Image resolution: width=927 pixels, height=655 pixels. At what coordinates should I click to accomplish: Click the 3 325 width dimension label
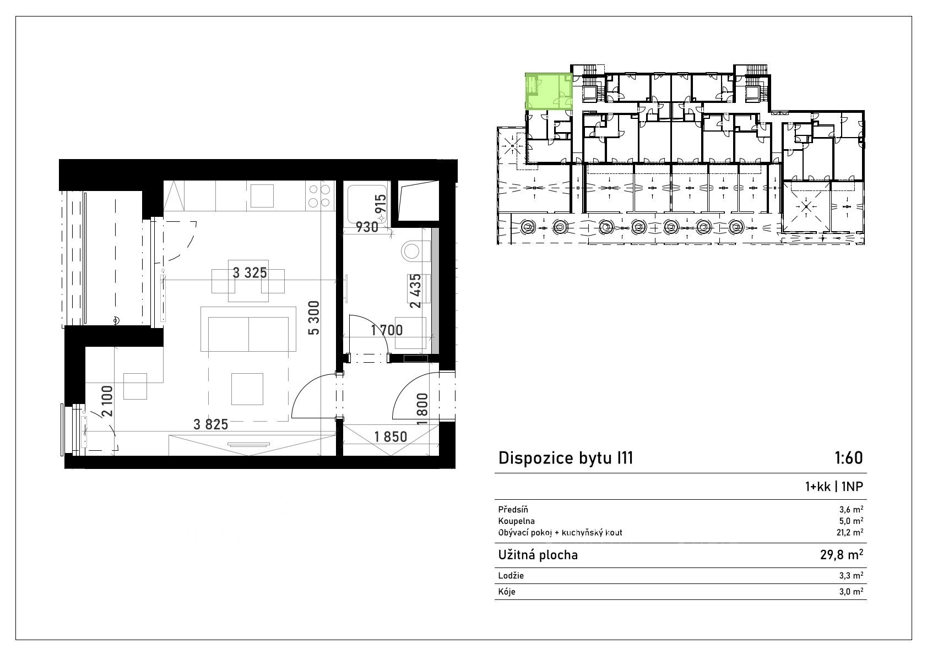tap(250, 273)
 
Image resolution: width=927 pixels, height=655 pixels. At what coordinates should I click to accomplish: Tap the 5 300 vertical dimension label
tap(314, 318)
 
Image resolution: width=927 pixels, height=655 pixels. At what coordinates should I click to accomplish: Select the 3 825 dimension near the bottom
tap(210, 424)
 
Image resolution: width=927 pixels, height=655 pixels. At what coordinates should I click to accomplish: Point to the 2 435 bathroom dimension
tap(415, 291)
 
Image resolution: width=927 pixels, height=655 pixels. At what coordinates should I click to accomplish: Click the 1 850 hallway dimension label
tap(391, 436)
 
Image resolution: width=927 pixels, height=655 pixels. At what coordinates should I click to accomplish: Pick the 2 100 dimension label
tap(107, 401)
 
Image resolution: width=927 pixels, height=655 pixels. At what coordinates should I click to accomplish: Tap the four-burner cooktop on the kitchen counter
tap(319, 196)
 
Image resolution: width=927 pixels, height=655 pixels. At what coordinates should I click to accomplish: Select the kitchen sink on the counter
tap(262, 195)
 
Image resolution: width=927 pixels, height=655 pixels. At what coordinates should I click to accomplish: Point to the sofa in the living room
tap(248, 329)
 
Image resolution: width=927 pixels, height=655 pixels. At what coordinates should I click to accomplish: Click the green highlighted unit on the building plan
tap(549, 91)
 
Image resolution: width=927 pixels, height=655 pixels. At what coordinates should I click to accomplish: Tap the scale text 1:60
tap(849, 458)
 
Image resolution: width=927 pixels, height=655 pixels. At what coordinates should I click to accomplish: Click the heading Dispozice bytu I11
tap(566, 458)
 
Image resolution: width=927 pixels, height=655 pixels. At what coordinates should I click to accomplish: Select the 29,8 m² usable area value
tap(842, 554)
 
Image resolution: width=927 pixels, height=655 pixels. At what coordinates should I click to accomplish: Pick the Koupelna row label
tap(517, 521)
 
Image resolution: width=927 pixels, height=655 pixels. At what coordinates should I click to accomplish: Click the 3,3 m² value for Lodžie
tap(852, 575)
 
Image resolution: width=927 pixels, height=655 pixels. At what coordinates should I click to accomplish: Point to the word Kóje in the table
tap(507, 592)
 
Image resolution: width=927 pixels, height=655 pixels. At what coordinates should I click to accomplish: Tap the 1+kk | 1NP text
tap(834, 487)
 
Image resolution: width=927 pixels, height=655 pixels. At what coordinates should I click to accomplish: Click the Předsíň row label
tap(513, 510)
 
